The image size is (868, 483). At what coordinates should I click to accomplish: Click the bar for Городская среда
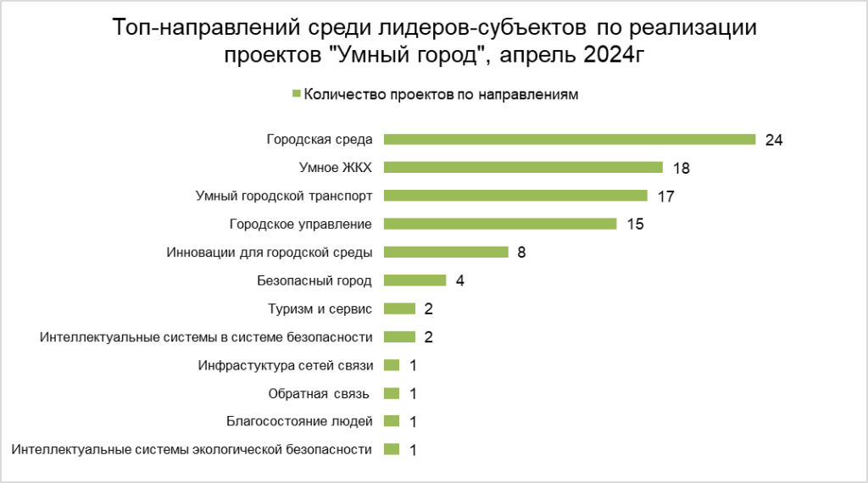pyautogui.click(x=569, y=140)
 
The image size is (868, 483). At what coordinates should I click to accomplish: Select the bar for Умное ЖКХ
pyautogui.click(x=523, y=168)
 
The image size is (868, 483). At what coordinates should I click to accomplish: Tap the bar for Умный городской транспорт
pyautogui.click(x=515, y=196)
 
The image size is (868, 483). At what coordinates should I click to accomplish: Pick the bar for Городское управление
pyautogui.click(x=500, y=224)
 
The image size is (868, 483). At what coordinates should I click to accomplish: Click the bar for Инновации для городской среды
pyautogui.click(x=446, y=252)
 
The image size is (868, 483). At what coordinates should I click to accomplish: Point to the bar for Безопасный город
pyautogui.click(x=415, y=280)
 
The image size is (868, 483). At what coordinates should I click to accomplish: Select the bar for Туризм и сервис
pyautogui.click(x=399, y=308)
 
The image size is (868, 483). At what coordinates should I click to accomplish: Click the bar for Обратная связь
pyautogui.click(x=392, y=393)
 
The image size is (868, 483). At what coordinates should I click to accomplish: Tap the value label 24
pyautogui.click(x=773, y=140)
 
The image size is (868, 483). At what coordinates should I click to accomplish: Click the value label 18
pyautogui.click(x=681, y=168)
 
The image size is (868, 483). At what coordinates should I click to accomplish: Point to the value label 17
pyautogui.click(x=665, y=196)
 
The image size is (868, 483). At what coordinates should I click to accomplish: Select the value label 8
pyautogui.click(x=521, y=252)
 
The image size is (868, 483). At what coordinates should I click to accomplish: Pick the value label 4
pyautogui.click(x=459, y=280)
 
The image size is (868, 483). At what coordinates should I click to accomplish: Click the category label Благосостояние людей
pyautogui.click(x=300, y=421)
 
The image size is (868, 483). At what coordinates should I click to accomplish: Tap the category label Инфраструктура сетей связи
pyautogui.click(x=285, y=365)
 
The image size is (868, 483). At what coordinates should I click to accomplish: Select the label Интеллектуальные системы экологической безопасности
pyautogui.click(x=192, y=449)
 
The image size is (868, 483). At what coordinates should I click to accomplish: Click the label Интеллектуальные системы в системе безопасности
pyautogui.click(x=206, y=337)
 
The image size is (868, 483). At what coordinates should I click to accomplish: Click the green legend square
pyautogui.click(x=296, y=95)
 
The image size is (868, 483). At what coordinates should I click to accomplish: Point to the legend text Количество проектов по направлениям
pyautogui.click(x=441, y=95)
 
